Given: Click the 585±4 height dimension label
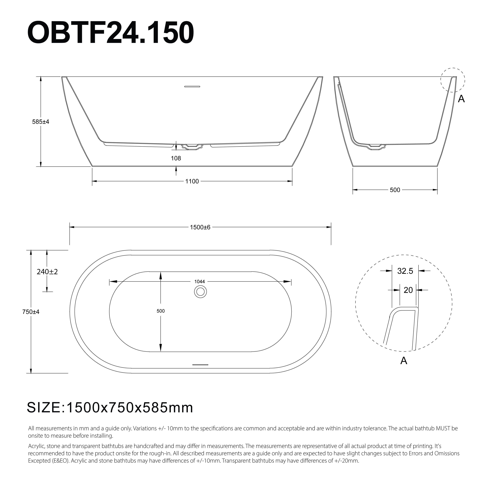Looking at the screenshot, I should point(41,122).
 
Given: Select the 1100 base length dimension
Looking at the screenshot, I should point(192,181).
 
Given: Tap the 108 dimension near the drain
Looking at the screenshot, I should point(176,158).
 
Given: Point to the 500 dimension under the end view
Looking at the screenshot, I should point(395,190).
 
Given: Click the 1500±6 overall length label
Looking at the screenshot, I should point(200,227).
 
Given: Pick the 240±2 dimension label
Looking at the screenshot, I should point(47,272).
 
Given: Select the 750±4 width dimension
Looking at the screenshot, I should point(31,312).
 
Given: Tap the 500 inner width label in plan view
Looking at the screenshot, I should point(161,311).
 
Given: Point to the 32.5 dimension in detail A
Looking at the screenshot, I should point(405,271).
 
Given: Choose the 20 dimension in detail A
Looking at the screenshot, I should point(408,290).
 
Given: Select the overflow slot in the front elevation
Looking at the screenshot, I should point(192,87).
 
